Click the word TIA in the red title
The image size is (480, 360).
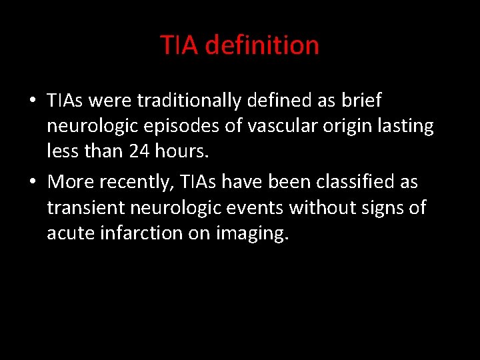pyautogui.click(x=179, y=45)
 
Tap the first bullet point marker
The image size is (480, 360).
pyautogui.click(x=33, y=101)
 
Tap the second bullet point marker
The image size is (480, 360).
pyautogui.click(x=33, y=182)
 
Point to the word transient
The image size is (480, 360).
pyautogui.click(x=87, y=207)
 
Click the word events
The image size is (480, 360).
pyautogui.click(x=253, y=207)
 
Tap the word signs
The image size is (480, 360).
pyautogui.click(x=381, y=207)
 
